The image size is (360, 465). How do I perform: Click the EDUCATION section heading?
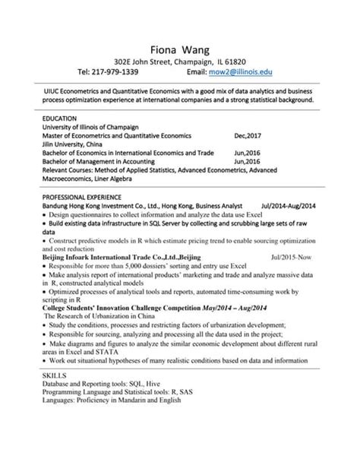60,119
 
